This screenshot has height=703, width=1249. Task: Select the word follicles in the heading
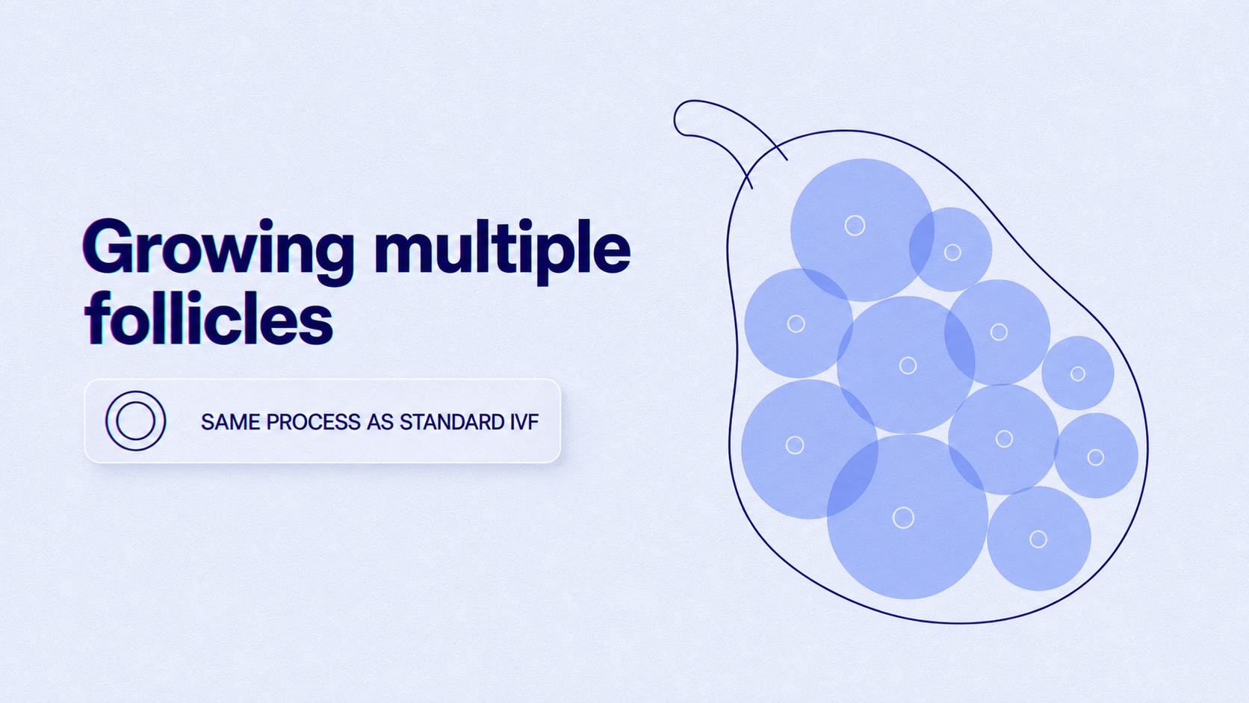pyautogui.click(x=208, y=318)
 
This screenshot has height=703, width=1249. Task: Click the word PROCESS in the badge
pyautogui.click(x=313, y=422)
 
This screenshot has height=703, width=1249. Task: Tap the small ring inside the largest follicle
pyautogui.click(x=903, y=518)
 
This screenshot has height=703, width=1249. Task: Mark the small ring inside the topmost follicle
pyautogui.click(x=855, y=226)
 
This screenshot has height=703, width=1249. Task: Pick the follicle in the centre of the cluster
pyautogui.click(x=906, y=365)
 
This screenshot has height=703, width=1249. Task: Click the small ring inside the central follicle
pyautogui.click(x=908, y=366)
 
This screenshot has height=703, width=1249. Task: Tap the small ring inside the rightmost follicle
pyautogui.click(x=1096, y=458)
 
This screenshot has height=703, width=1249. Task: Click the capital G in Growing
pyautogui.click(x=109, y=247)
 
